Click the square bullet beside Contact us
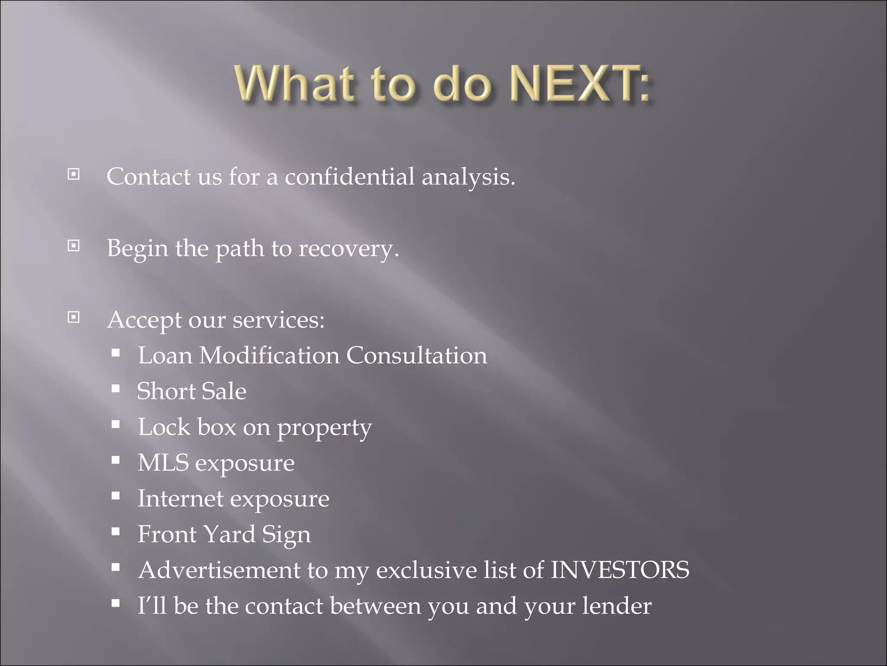(74, 175)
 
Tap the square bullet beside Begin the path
(74, 246)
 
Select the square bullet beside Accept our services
(74, 318)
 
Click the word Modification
(269, 356)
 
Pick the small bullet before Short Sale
(115, 388)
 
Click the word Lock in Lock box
(164, 427)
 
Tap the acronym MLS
(163, 463)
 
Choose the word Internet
(180, 499)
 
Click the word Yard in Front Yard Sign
(229, 534)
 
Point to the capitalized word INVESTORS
(620, 570)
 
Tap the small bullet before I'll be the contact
(115, 603)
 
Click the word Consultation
(416, 356)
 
